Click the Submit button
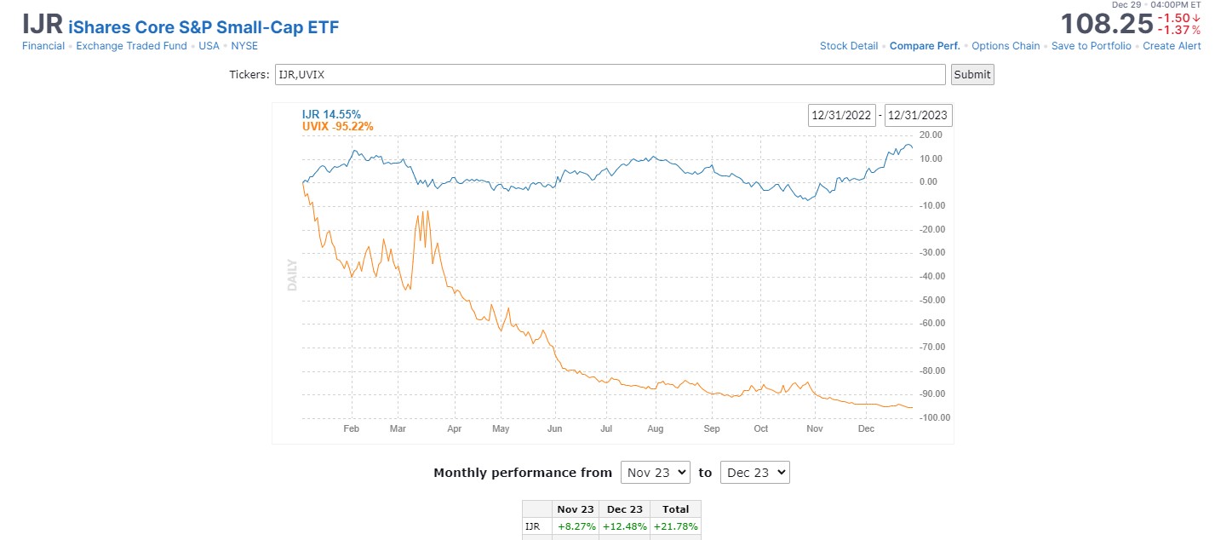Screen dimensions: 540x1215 tap(972, 74)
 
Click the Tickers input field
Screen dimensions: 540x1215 tap(610, 74)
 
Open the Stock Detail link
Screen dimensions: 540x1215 tap(848, 46)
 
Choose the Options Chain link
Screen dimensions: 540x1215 tap(1006, 46)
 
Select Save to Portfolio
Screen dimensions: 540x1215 tap(1091, 46)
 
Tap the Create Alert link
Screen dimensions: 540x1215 tap(1172, 46)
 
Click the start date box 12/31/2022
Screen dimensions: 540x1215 tap(842, 115)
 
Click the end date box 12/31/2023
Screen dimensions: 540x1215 tap(918, 115)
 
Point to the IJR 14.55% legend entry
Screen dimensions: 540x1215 tap(331, 114)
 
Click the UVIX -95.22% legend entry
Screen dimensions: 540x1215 tap(337, 127)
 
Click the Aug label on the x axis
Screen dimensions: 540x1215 tap(655, 428)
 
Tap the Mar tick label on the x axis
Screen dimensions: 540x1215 tap(398, 428)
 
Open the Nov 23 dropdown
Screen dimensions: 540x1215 tap(655, 472)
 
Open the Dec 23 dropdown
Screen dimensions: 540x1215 tap(754, 472)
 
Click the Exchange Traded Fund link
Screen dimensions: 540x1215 tap(131, 46)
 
